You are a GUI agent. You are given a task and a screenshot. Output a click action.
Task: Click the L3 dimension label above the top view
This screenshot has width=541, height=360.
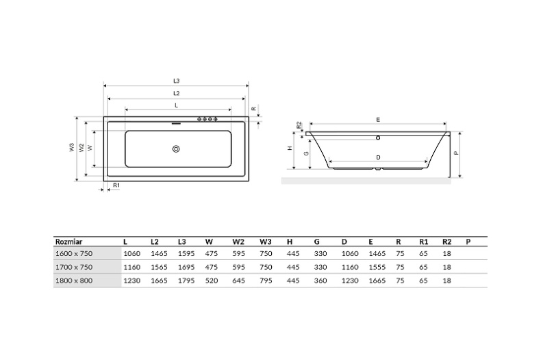pyautogui.click(x=176, y=81)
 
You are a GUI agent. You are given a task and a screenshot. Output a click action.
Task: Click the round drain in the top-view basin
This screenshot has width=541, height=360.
pyautogui.click(x=176, y=149)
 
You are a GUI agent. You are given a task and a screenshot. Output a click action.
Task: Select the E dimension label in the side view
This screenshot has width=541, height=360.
pyautogui.click(x=378, y=119)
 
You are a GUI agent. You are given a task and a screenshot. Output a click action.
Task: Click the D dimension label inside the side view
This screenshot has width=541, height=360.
pyautogui.click(x=378, y=157)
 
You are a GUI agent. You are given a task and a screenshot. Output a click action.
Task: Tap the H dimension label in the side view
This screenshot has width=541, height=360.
pyautogui.click(x=290, y=149)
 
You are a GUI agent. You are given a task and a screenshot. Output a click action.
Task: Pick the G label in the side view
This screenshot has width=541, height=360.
pyautogui.click(x=306, y=153)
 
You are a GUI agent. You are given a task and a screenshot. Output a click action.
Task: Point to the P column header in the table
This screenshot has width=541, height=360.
pyautogui.click(x=468, y=241)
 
